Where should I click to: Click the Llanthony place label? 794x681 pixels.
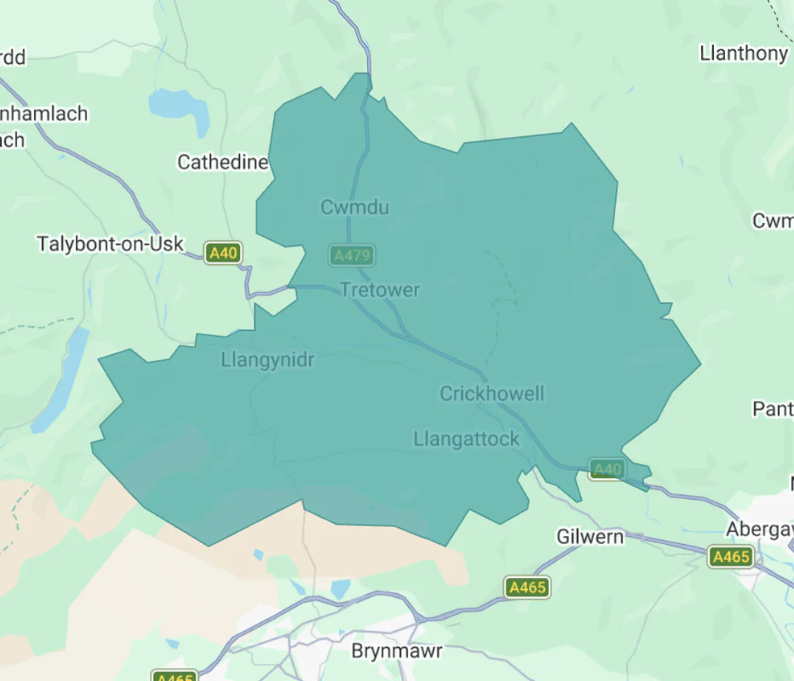coord(743,54)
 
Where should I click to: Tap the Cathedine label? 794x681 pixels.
coord(222,162)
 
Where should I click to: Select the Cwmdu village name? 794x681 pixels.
coord(354,207)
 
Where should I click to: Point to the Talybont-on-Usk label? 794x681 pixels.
coord(110,244)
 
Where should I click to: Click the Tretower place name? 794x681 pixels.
coord(380,290)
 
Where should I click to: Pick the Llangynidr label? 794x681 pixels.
coord(268,360)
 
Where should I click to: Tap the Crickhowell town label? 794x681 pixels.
coord(492,393)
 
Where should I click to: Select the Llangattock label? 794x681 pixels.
coord(466,439)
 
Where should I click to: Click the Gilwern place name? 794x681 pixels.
coord(590,537)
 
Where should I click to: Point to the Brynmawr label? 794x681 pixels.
coord(397,651)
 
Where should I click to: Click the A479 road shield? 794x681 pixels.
coord(353,255)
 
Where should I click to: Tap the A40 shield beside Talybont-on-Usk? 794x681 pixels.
coord(223,253)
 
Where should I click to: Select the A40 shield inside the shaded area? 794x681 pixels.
coord(607,469)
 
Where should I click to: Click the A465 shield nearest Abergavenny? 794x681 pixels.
coord(731,557)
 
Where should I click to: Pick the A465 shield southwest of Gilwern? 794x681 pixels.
coord(526,587)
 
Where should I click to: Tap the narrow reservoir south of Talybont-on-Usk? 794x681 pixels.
coord(61,379)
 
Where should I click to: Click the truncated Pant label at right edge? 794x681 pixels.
coord(772,409)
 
